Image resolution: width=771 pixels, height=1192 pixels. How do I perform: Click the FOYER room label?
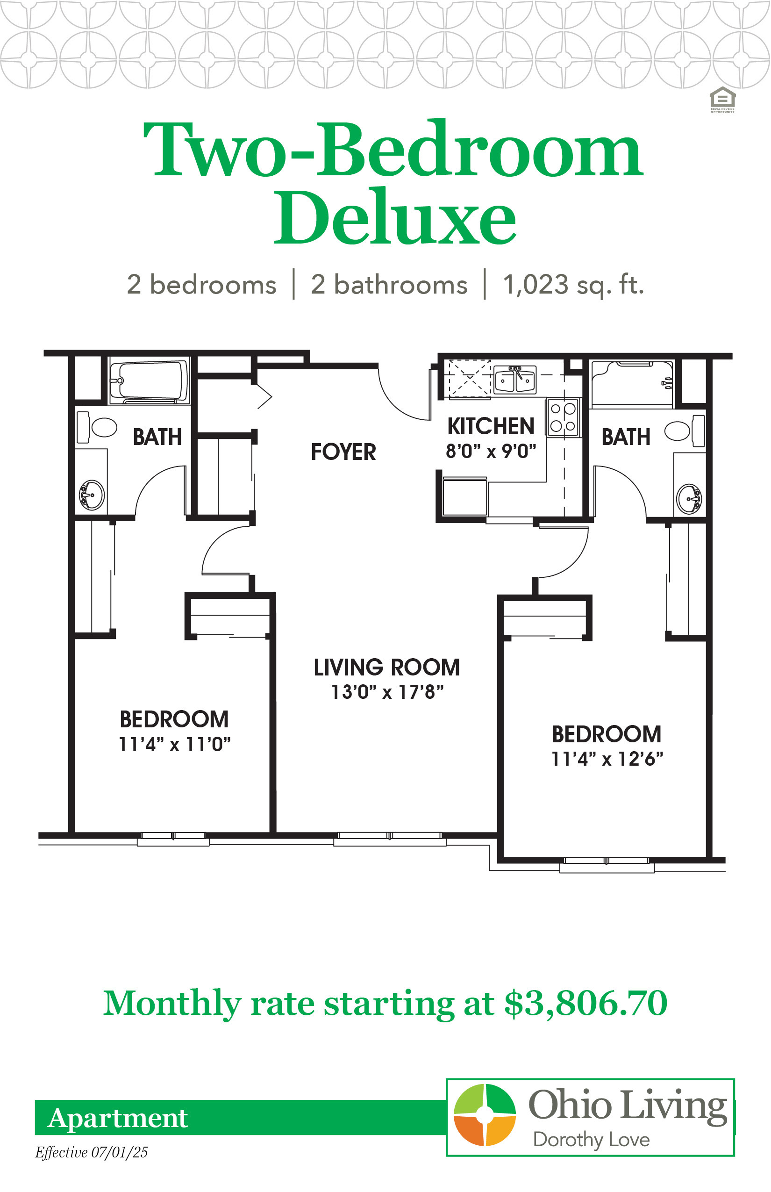tap(343, 452)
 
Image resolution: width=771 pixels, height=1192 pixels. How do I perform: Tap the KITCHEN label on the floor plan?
tap(491, 426)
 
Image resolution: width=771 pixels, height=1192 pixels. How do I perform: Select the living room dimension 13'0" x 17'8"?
tap(387, 692)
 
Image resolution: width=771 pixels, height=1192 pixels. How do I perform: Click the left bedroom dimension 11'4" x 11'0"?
tap(174, 744)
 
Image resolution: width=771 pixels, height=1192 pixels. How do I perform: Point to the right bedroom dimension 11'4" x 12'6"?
tap(607, 759)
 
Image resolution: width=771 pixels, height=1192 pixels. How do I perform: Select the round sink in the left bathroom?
tap(92, 495)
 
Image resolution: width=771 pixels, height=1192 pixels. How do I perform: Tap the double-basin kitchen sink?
tap(515, 380)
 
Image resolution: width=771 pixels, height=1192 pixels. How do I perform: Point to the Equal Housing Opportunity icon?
tap(722, 100)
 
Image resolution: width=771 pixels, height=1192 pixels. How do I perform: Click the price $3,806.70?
tap(586, 1003)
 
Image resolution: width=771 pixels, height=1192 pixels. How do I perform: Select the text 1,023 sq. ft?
tap(573, 285)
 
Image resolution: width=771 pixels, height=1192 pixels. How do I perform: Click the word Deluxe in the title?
tap(395, 216)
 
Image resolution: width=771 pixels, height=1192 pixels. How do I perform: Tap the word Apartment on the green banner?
tap(118, 1118)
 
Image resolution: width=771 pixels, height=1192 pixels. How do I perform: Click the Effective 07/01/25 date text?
tap(91, 1152)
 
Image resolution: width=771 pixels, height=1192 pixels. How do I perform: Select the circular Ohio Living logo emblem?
tap(485, 1115)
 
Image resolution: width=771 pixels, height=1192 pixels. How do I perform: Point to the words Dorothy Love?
tap(591, 1140)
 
